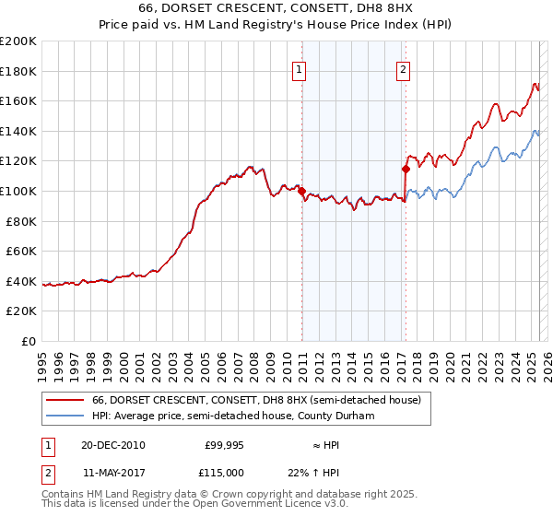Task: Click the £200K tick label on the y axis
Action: coord(18,41)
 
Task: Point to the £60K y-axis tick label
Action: coord(21,251)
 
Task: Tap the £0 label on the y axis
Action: coord(29,341)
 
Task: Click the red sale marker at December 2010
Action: coord(301,191)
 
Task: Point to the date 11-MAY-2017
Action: coord(112,473)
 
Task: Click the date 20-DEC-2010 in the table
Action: coord(112,445)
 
